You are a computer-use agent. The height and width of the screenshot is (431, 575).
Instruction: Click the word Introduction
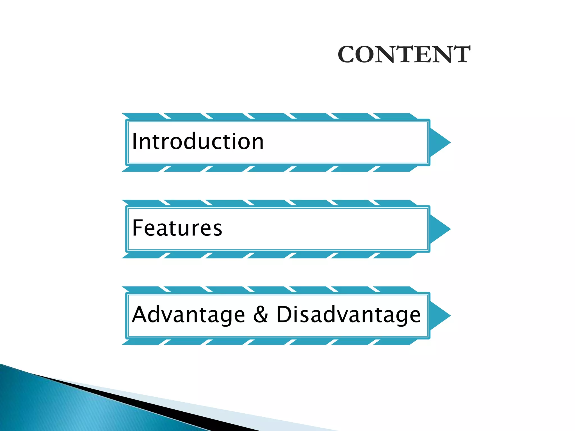198,141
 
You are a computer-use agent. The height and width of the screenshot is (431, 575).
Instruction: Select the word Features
177,228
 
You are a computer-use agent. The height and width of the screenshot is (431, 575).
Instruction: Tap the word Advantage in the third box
188,315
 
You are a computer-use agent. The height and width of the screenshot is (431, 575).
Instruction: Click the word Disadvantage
348,315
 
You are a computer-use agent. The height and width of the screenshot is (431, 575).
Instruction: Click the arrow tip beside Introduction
441,143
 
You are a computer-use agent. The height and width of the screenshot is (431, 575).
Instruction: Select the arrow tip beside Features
441,229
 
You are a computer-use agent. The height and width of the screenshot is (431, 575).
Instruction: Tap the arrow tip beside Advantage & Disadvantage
441,316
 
